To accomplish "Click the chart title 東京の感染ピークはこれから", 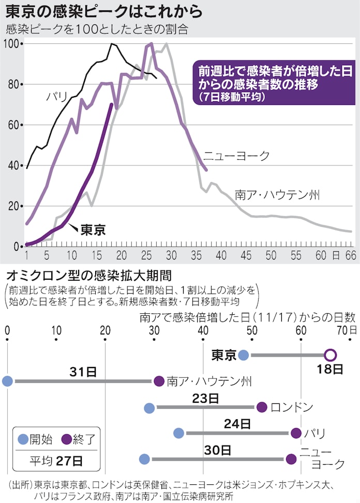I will pos(103,11).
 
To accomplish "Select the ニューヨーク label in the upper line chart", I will pos(236,156).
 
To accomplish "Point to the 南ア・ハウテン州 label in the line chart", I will pos(277,195).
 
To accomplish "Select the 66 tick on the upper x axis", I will pos(351,255).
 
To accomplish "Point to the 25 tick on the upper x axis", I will pos(146,255).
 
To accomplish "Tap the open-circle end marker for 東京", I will pos(331,355).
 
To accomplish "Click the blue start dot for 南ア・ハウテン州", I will pos(7,382).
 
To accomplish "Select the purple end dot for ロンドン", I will pos(262,407).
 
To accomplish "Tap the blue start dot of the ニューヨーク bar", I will pos(144,459).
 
